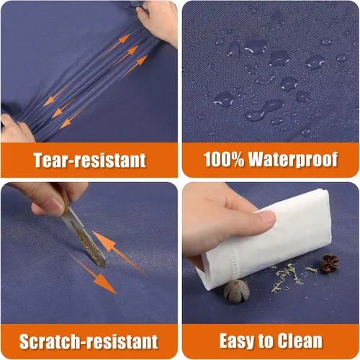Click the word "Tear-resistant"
click(x=89, y=160)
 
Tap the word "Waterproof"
click(x=293, y=159)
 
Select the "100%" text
click(x=224, y=159)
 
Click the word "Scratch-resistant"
click(x=89, y=341)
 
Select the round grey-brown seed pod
click(x=237, y=291)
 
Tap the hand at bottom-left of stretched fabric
click(x=16, y=128)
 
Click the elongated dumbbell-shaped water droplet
click(x=265, y=110)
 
